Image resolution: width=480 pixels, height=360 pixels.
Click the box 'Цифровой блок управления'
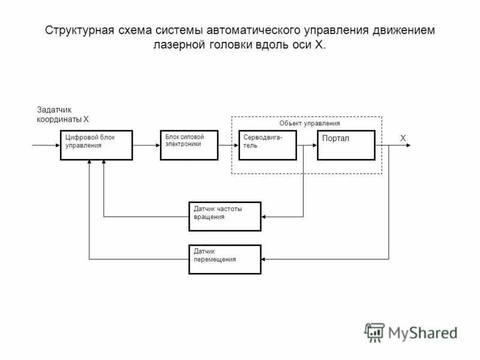[96, 145]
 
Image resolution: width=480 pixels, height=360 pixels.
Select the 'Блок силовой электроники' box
[189, 145]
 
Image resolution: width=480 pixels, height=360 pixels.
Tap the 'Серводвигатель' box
[268, 145]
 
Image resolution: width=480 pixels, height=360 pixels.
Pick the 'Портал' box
[346, 145]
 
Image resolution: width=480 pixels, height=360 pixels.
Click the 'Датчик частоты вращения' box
[225, 216]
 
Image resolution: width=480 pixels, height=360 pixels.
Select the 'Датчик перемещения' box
[225, 259]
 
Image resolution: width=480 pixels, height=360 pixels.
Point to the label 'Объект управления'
[310, 123]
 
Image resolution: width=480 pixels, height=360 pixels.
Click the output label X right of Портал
[403, 138]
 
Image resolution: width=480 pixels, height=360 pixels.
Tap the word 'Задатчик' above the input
[55, 110]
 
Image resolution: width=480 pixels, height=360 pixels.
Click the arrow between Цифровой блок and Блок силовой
[146, 145]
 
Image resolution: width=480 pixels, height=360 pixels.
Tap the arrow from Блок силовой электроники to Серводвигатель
[229, 145]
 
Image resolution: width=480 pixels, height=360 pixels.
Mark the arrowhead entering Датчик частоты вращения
[265, 216]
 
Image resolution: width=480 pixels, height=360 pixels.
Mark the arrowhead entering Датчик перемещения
[265, 259]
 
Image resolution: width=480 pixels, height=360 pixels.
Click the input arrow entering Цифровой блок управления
[47, 145]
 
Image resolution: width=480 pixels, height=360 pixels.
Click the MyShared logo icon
[374, 332]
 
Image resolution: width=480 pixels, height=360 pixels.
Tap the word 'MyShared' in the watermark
[422, 332]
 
